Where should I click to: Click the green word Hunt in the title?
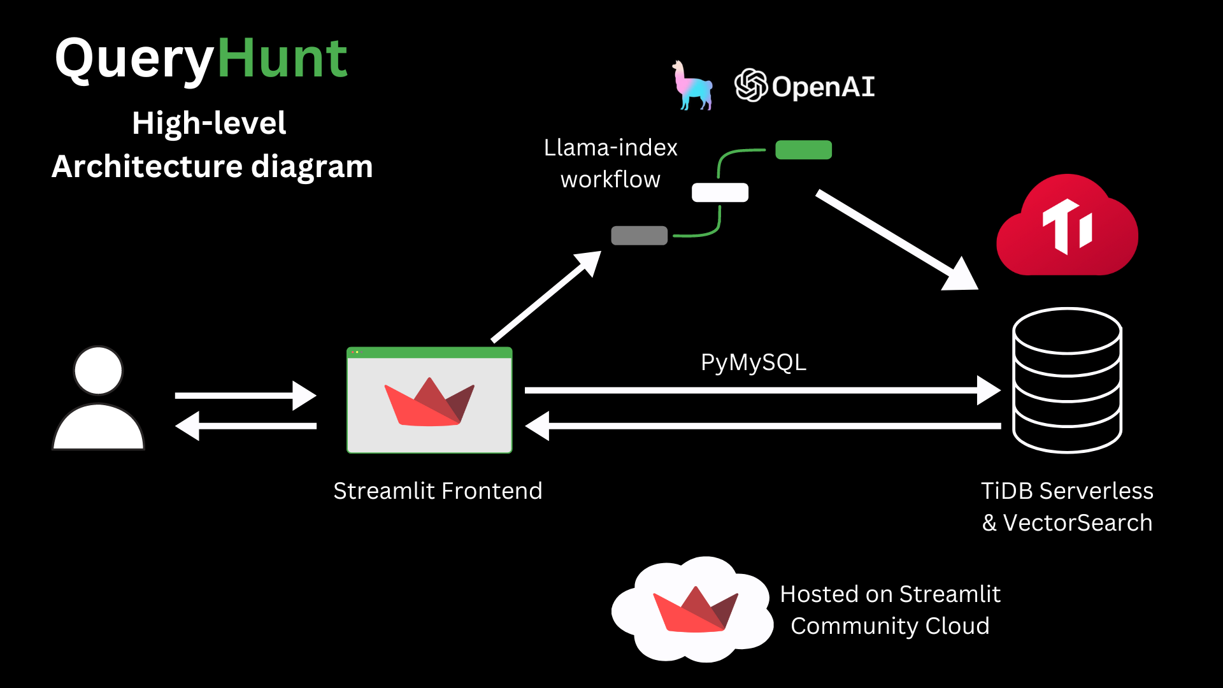coord(283,58)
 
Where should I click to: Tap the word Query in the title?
coord(135,61)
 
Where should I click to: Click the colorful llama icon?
coord(692,85)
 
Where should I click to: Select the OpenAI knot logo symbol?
coord(751,85)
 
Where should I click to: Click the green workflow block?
coord(803,150)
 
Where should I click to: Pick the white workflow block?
coord(720,192)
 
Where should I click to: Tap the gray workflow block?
coord(639,236)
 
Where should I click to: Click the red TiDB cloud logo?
coord(1068,225)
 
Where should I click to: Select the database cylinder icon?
coord(1068,380)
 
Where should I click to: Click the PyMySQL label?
coord(754,362)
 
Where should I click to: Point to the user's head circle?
coord(98,371)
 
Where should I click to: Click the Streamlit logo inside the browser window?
coord(429,402)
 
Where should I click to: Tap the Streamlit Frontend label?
coord(438,491)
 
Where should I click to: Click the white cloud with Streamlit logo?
coord(692,610)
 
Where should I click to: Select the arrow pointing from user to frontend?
coord(246,396)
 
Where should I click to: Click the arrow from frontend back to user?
coord(246,426)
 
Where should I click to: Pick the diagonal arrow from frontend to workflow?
coord(547,296)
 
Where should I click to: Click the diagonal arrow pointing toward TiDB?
coord(898,240)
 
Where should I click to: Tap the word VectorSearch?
coord(1078,523)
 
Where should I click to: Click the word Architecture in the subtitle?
coord(147,166)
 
